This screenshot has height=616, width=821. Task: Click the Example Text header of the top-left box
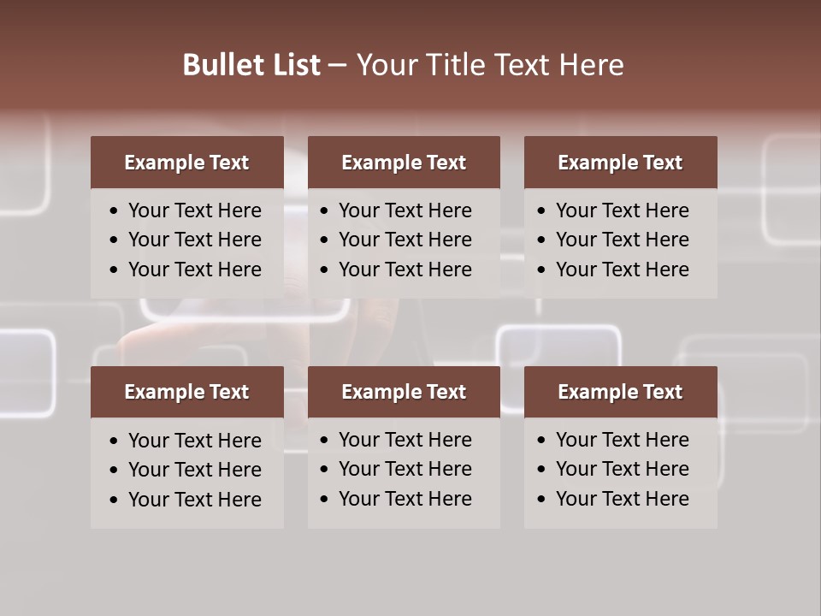(186, 163)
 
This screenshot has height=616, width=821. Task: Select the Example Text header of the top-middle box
(404, 163)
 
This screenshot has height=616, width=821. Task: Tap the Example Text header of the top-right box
(620, 163)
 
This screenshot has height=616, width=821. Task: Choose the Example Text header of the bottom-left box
(186, 392)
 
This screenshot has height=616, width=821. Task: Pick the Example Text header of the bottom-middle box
(404, 392)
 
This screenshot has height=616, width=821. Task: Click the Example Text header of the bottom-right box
(620, 392)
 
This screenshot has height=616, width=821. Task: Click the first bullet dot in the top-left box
(115, 211)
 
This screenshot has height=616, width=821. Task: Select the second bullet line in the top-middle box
(405, 240)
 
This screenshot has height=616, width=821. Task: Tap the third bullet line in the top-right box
(622, 269)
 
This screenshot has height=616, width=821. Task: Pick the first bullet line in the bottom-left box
(194, 441)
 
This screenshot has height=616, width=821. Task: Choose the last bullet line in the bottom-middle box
(405, 499)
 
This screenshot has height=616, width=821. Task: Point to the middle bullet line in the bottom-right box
(622, 469)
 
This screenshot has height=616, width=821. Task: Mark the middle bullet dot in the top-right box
(541, 240)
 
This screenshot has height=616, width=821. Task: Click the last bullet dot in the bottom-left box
(115, 500)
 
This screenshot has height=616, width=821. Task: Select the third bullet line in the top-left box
(194, 269)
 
